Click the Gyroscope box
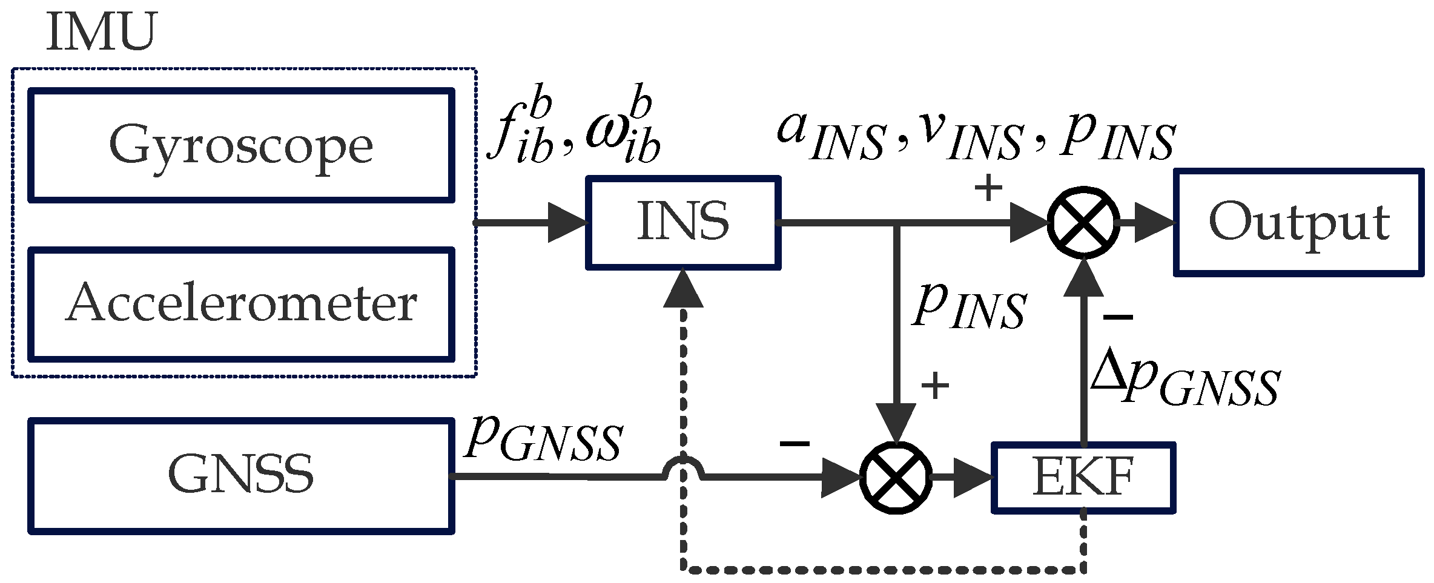point(241,145)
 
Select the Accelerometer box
point(241,303)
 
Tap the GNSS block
point(241,476)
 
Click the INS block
point(683,222)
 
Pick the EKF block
point(1083,478)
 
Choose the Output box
point(1298,222)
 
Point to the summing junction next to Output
point(1083,222)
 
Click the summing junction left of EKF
point(896,478)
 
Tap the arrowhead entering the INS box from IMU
point(567,223)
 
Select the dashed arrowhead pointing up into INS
point(683,289)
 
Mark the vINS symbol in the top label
point(969,136)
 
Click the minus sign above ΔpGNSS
point(1117,317)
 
